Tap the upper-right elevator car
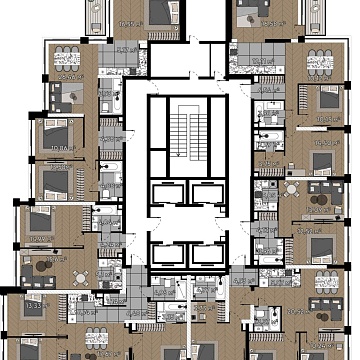[x=205, y=194]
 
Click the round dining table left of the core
[x=41, y=268]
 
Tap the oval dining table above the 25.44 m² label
[x=65, y=57]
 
